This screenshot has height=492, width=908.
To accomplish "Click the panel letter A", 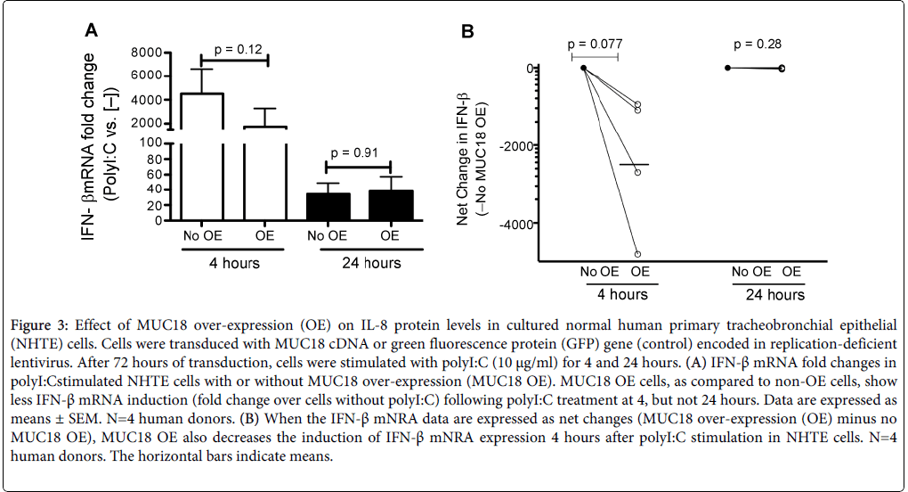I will coord(91,31).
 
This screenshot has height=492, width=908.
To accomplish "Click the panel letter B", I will coord(468,32).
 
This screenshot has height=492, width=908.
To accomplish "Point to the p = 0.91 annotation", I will coord(358,152).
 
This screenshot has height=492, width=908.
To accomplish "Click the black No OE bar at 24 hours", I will coord(327,206).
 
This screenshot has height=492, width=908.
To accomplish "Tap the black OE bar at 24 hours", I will coord(390,205).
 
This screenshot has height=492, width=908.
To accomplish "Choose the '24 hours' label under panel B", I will coord(766,295).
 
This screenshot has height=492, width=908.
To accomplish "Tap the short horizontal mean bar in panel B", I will coord(634,165).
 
